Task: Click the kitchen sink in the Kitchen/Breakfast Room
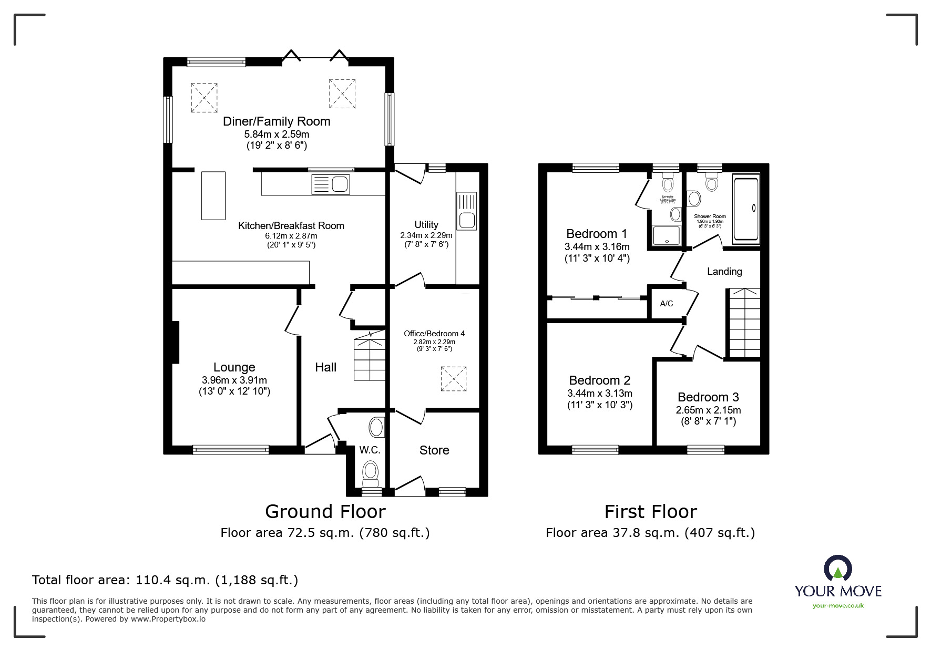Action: coord(330,185)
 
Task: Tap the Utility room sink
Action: coord(467,211)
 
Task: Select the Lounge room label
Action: coord(234,367)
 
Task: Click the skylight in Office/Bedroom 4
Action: coord(453,379)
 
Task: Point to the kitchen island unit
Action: coord(213,195)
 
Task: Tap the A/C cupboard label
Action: coord(667,304)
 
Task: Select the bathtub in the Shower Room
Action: coord(746,211)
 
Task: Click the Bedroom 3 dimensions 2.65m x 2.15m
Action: coord(708,410)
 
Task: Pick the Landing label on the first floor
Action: coord(724,272)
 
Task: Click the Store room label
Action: coord(434,450)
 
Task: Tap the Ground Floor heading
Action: coord(325,511)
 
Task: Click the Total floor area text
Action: coord(165,580)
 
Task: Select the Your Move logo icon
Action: coord(837,569)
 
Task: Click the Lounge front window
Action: coord(231,449)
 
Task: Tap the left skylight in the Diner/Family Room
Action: coord(204,98)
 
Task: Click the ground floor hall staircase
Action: coord(370,360)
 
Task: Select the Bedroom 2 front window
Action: coord(595,449)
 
